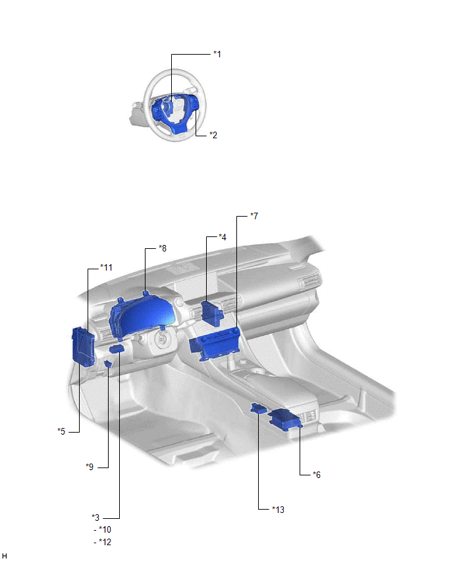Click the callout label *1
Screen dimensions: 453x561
(217, 54)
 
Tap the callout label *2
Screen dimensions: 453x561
(213, 135)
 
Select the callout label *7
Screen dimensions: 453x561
(254, 216)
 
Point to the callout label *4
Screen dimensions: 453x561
(223, 237)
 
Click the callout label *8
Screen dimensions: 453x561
(163, 248)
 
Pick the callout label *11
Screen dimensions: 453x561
(106, 267)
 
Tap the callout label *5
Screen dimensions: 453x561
(61, 431)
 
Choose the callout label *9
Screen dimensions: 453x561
(90, 467)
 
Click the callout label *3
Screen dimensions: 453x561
(95, 518)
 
